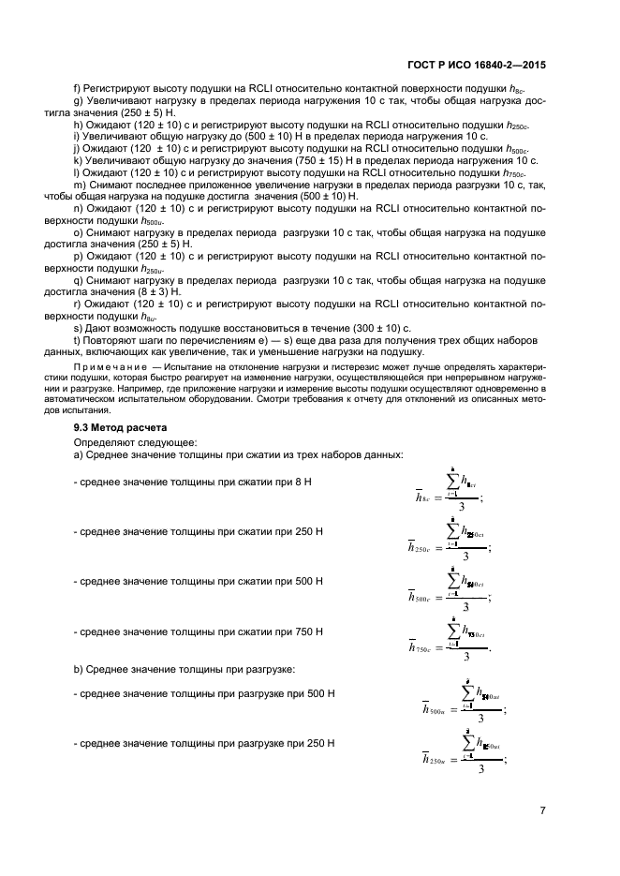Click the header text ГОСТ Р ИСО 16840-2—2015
pyautogui.click(x=477, y=67)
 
